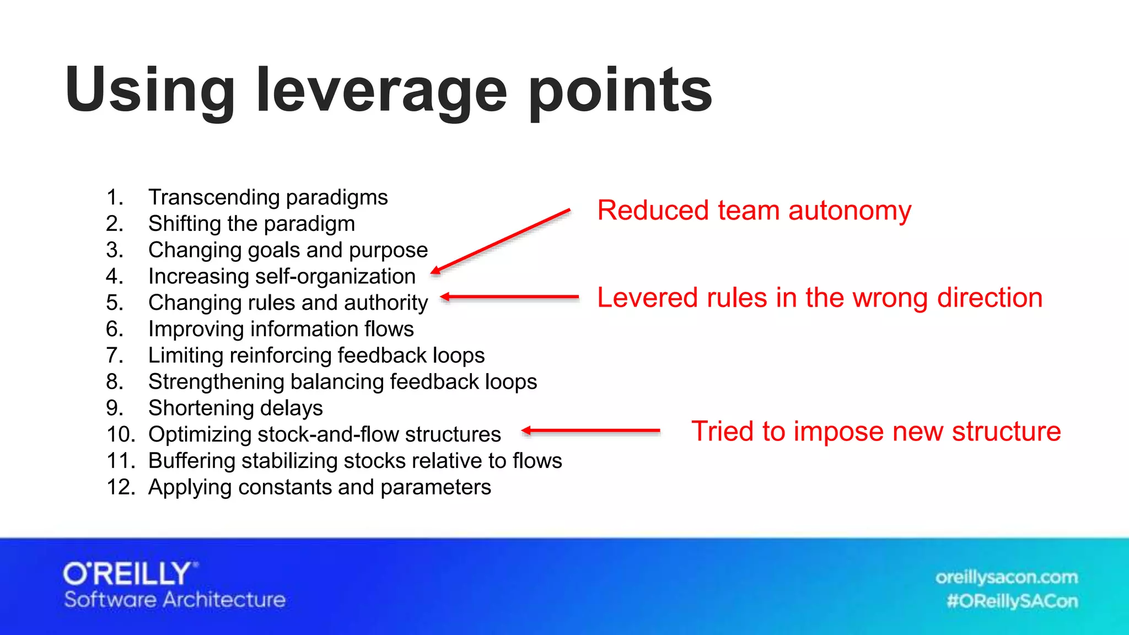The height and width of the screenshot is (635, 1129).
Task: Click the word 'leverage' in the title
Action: [381, 91]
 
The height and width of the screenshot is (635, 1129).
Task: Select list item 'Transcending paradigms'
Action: [268, 197]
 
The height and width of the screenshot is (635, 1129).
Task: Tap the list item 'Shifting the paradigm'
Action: [251, 224]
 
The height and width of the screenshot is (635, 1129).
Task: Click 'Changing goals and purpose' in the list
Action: [288, 250]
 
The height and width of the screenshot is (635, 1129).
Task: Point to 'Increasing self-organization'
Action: [282, 276]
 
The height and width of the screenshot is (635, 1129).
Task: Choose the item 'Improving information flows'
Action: [281, 329]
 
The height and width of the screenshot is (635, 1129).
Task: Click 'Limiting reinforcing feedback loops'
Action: [316, 356]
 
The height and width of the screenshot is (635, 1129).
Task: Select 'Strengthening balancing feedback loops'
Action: [342, 382]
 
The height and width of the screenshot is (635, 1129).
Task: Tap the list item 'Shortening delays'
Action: [235, 408]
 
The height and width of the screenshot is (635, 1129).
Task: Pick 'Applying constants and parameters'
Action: [320, 487]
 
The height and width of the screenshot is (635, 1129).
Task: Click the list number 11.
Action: [121, 461]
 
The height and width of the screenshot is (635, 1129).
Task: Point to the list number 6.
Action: [115, 329]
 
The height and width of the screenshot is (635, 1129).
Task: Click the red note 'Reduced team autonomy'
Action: [754, 211]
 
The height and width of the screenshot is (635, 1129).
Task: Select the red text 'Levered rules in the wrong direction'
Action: [820, 298]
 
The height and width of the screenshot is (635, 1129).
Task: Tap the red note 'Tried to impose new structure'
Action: [876, 431]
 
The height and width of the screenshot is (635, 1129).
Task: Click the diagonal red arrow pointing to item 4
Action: [501, 241]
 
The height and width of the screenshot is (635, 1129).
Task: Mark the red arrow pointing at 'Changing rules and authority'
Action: [510, 297]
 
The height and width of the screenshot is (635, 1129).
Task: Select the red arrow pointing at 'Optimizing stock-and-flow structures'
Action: [590, 430]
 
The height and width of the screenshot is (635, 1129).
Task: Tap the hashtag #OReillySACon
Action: [1012, 601]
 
